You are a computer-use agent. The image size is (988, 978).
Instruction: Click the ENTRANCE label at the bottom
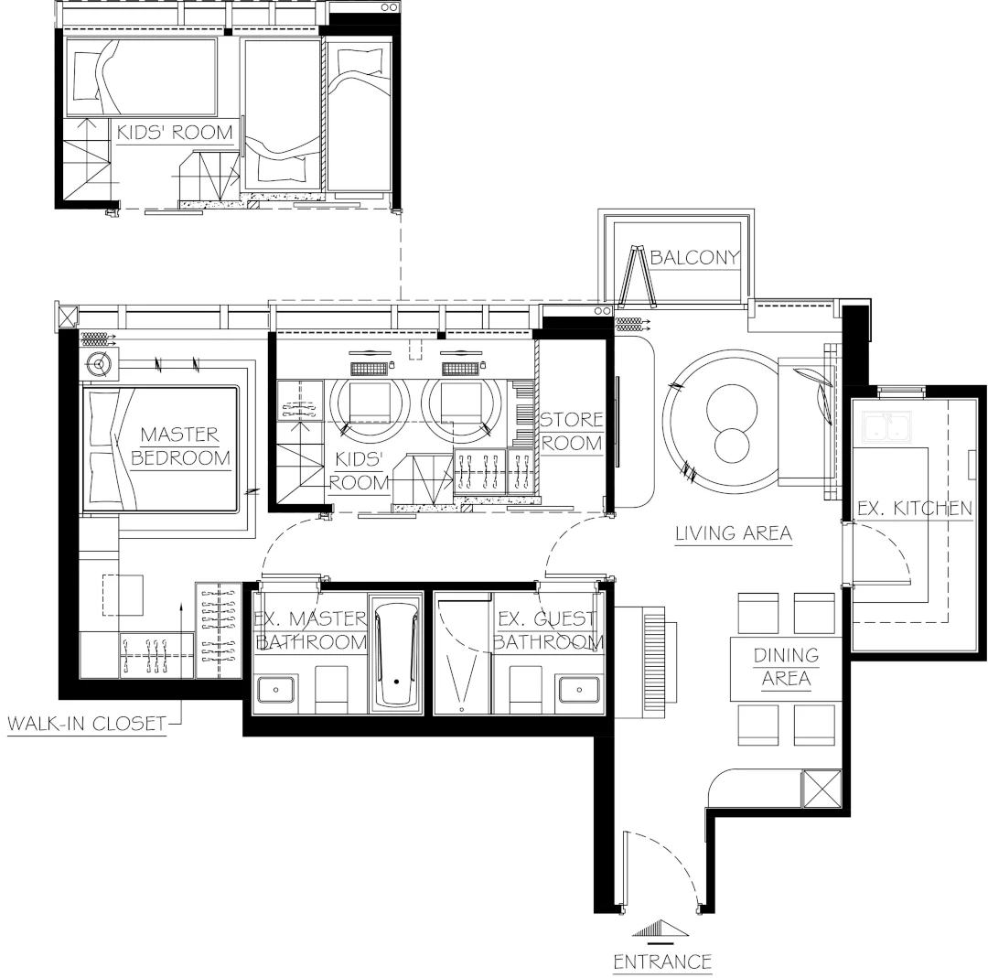coord(661,961)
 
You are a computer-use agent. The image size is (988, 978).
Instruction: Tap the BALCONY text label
coord(693,257)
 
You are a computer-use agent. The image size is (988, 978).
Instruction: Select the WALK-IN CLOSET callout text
coord(87,725)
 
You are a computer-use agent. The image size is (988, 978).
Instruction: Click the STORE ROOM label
coord(572,432)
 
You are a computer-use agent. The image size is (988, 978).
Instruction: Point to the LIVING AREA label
coord(733,532)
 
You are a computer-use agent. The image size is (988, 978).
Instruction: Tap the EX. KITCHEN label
coord(914,509)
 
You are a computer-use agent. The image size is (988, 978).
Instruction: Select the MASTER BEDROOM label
coord(180,446)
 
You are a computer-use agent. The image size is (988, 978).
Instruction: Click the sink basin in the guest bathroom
coord(579,688)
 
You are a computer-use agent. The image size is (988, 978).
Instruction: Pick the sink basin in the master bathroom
coord(276,688)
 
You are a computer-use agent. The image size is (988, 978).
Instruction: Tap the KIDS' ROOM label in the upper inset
coord(175,132)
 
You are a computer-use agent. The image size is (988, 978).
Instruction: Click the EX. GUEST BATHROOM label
coord(547,630)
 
